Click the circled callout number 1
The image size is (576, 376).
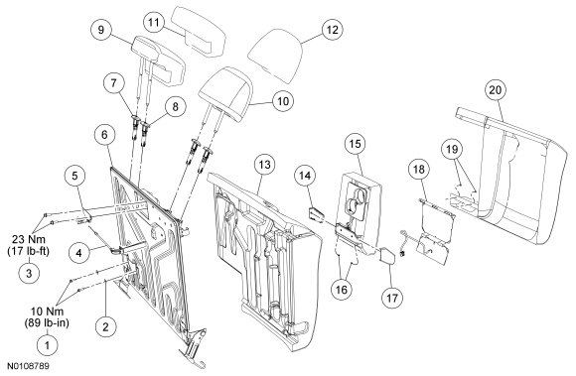[47, 345]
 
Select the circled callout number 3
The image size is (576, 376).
[29, 273]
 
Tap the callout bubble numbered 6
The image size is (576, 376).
[104, 135]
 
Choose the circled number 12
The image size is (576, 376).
[332, 30]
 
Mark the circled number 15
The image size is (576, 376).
[356, 144]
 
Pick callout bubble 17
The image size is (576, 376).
[392, 298]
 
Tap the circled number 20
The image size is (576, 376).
[496, 90]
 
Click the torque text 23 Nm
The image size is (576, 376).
[29, 240]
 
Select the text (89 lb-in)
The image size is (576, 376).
[47, 323]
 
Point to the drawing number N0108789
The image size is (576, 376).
[29, 366]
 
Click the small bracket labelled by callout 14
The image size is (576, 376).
[316, 214]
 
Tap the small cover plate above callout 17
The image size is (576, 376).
[387, 256]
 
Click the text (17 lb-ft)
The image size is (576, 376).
[29, 252]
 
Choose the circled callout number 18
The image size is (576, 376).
[419, 169]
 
